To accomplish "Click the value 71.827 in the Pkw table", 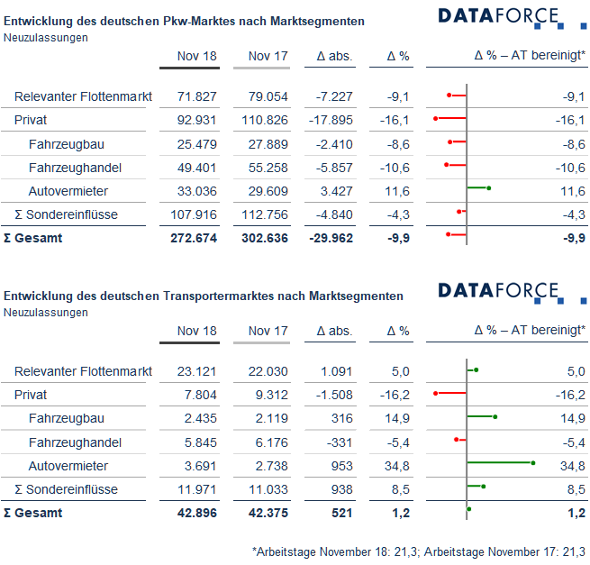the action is pyautogui.click(x=196, y=96).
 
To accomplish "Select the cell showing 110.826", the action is pyautogui.click(x=265, y=120).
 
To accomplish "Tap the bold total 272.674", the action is pyautogui.click(x=194, y=238).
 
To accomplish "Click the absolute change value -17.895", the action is pyautogui.click(x=331, y=120).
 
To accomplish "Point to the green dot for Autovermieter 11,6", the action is pyautogui.click(x=489, y=188).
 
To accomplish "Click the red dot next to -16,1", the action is pyautogui.click(x=435, y=119).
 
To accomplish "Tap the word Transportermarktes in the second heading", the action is pyautogui.click(x=234, y=296).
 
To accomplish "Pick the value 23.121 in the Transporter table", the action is pyautogui.click(x=196, y=371).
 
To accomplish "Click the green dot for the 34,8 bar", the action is pyautogui.click(x=533, y=463).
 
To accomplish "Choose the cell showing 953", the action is pyautogui.click(x=341, y=466).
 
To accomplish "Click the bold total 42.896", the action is pyautogui.click(x=197, y=513).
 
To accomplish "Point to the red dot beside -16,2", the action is pyautogui.click(x=435, y=394).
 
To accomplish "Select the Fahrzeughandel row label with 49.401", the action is pyautogui.click(x=75, y=168).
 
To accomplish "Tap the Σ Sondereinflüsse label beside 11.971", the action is pyautogui.click(x=67, y=489).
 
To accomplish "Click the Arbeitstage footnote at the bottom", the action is pyautogui.click(x=419, y=551).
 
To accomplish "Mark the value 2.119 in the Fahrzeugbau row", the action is pyautogui.click(x=272, y=418).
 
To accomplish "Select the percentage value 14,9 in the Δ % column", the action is pyautogui.click(x=397, y=418).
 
